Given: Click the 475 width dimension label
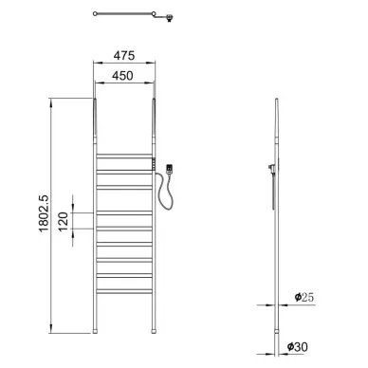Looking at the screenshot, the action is coord(124,56).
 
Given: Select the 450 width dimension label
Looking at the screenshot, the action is coord(122,76).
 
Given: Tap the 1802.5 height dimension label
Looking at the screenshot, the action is coord(44,213).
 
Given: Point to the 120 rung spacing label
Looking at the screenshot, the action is coord(64,221).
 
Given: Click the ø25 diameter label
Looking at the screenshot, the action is coord(304,297).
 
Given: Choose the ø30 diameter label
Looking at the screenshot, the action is coord(298,347).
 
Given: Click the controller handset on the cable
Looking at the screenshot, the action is coord(170,169).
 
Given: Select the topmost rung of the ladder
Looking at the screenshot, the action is coord(124,156).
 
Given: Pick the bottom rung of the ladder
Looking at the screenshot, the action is coord(124,291).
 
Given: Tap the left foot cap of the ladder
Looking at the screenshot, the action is coord(95,331).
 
